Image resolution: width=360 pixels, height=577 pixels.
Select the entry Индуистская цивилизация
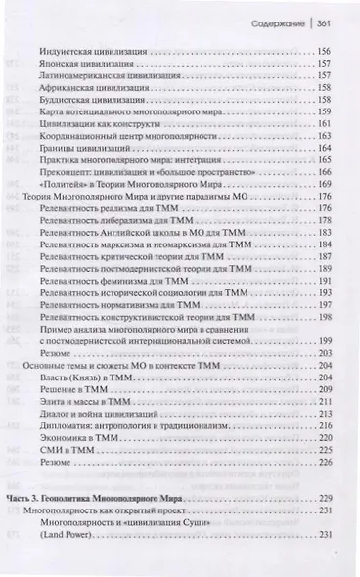point(90,50)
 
